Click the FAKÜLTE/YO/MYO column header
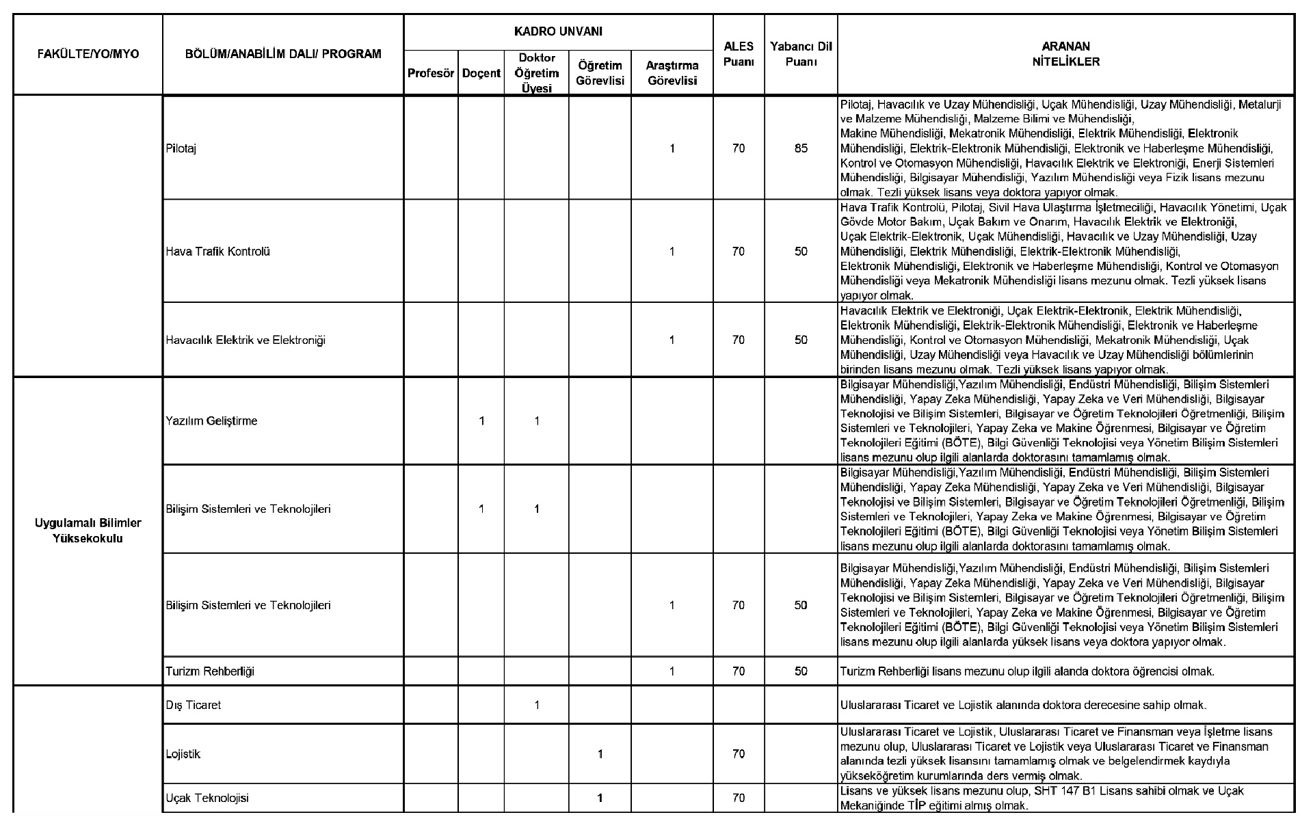[88, 54]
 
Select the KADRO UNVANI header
[558, 31]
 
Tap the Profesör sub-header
[431, 73]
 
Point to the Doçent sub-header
[481, 73]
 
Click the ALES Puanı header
[739, 54]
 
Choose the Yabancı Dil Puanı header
[801, 54]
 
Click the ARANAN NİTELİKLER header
[1065, 54]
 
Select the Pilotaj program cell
[181, 148]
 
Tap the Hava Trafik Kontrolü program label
[217, 252]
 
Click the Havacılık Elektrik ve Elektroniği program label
[246, 340]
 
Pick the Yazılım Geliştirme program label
[211, 421]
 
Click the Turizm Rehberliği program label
[210, 671]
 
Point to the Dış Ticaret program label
[194, 705]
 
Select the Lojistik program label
[183, 754]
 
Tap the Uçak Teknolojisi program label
[207, 798]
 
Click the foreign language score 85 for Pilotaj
[801, 148]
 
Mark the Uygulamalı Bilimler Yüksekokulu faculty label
[88, 531]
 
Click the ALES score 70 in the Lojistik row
[739, 754]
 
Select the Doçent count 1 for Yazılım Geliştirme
[481, 421]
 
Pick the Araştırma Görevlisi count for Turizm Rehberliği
[672, 671]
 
